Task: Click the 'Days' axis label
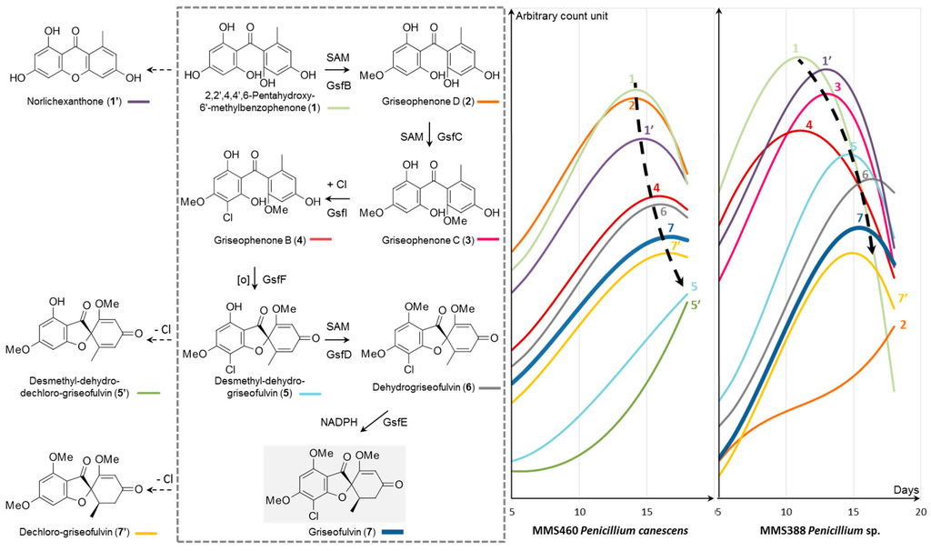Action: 904,491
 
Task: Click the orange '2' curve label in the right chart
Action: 902,325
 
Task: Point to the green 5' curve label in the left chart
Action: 695,306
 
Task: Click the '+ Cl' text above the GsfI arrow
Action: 336,185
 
